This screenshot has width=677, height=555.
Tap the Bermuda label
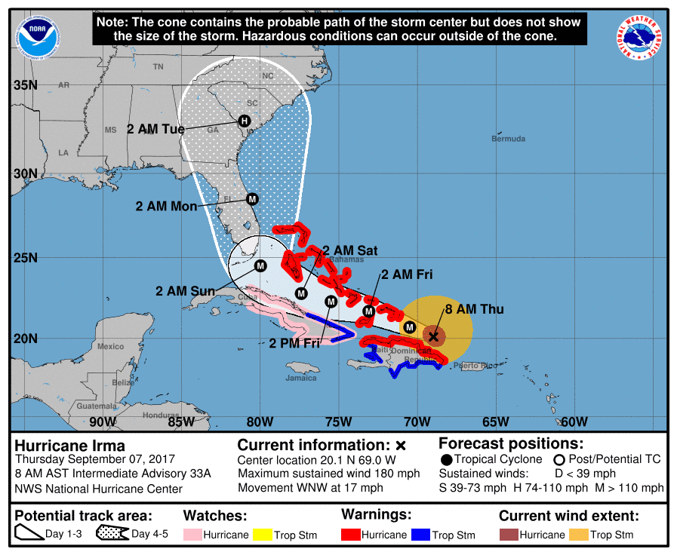(507, 139)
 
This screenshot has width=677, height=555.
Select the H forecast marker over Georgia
(244, 121)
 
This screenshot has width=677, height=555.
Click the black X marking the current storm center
(432, 336)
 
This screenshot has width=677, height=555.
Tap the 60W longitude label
(574, 422)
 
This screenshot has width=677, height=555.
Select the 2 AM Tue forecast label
(155, 129)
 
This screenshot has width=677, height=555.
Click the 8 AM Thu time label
(474, 309)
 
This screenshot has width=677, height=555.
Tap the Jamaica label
(301, 378)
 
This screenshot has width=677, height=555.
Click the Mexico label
(110, 346)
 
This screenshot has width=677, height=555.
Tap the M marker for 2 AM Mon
(252, 199)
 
